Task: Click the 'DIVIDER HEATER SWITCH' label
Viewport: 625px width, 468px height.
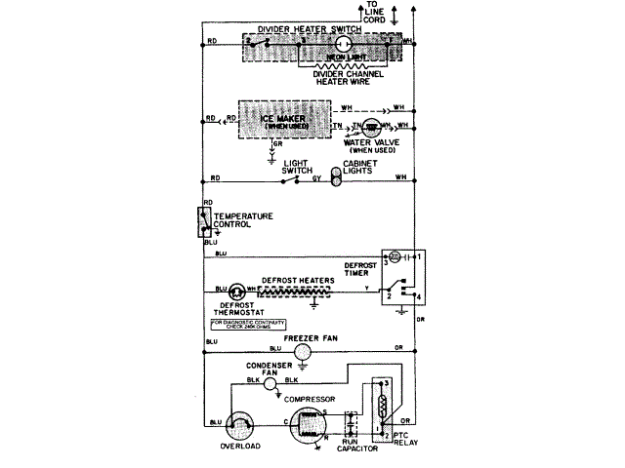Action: click(305, 30)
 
